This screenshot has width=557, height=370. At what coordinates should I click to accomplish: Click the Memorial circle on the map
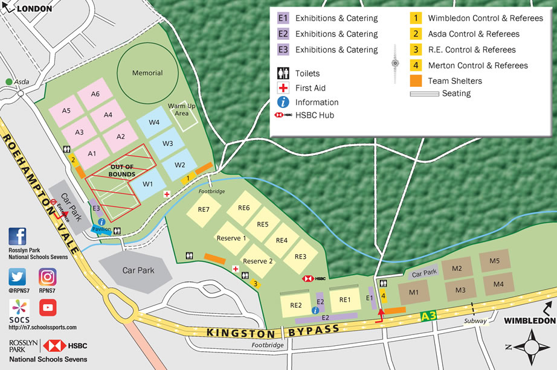pyautogui.click(x=147, y=72)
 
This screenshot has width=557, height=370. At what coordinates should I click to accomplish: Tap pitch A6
pyautogui.click(x=95, y=94)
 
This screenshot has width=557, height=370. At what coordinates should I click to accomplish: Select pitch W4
pyautogui.click(x=154, y=123)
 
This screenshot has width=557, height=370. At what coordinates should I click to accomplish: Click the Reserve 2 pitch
pyautogui.click(x=258, y=261)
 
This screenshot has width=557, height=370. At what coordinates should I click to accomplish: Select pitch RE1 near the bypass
pyautogui.click(x=345, y=299)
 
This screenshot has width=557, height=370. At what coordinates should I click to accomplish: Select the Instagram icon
pyautogui.click(x=48, y=277)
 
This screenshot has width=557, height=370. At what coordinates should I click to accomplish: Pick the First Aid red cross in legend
pyautogui.click(x=283, y=88)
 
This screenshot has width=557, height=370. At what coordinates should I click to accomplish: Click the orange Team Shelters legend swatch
pyautogui.click(x=416, y=81)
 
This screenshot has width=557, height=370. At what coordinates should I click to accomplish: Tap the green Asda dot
pyautogui.click(x=9, y=82)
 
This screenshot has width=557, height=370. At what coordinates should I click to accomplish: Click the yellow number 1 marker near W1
pyautogui.click(x=188, y=178)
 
